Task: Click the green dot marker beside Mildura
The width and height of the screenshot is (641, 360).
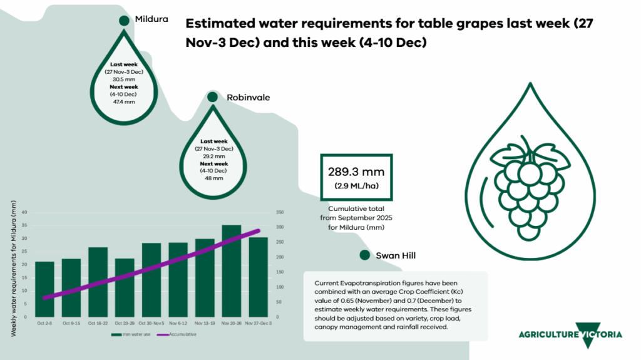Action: tap(124, 20)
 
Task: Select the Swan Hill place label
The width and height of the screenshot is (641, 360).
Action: tap(396, 255)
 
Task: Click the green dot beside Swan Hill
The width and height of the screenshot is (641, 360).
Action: tap(364, 255)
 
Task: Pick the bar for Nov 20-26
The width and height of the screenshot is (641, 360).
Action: tap(232, 270)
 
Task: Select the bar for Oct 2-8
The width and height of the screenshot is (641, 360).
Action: tap(44, 289)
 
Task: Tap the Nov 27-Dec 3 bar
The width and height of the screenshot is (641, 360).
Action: tap(259, 277)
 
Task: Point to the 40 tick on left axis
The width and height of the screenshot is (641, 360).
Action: tap(24, 212)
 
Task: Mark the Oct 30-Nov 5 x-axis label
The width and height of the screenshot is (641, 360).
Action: tap(151, 324)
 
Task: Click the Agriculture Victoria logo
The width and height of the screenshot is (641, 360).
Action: tap(570, 334)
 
